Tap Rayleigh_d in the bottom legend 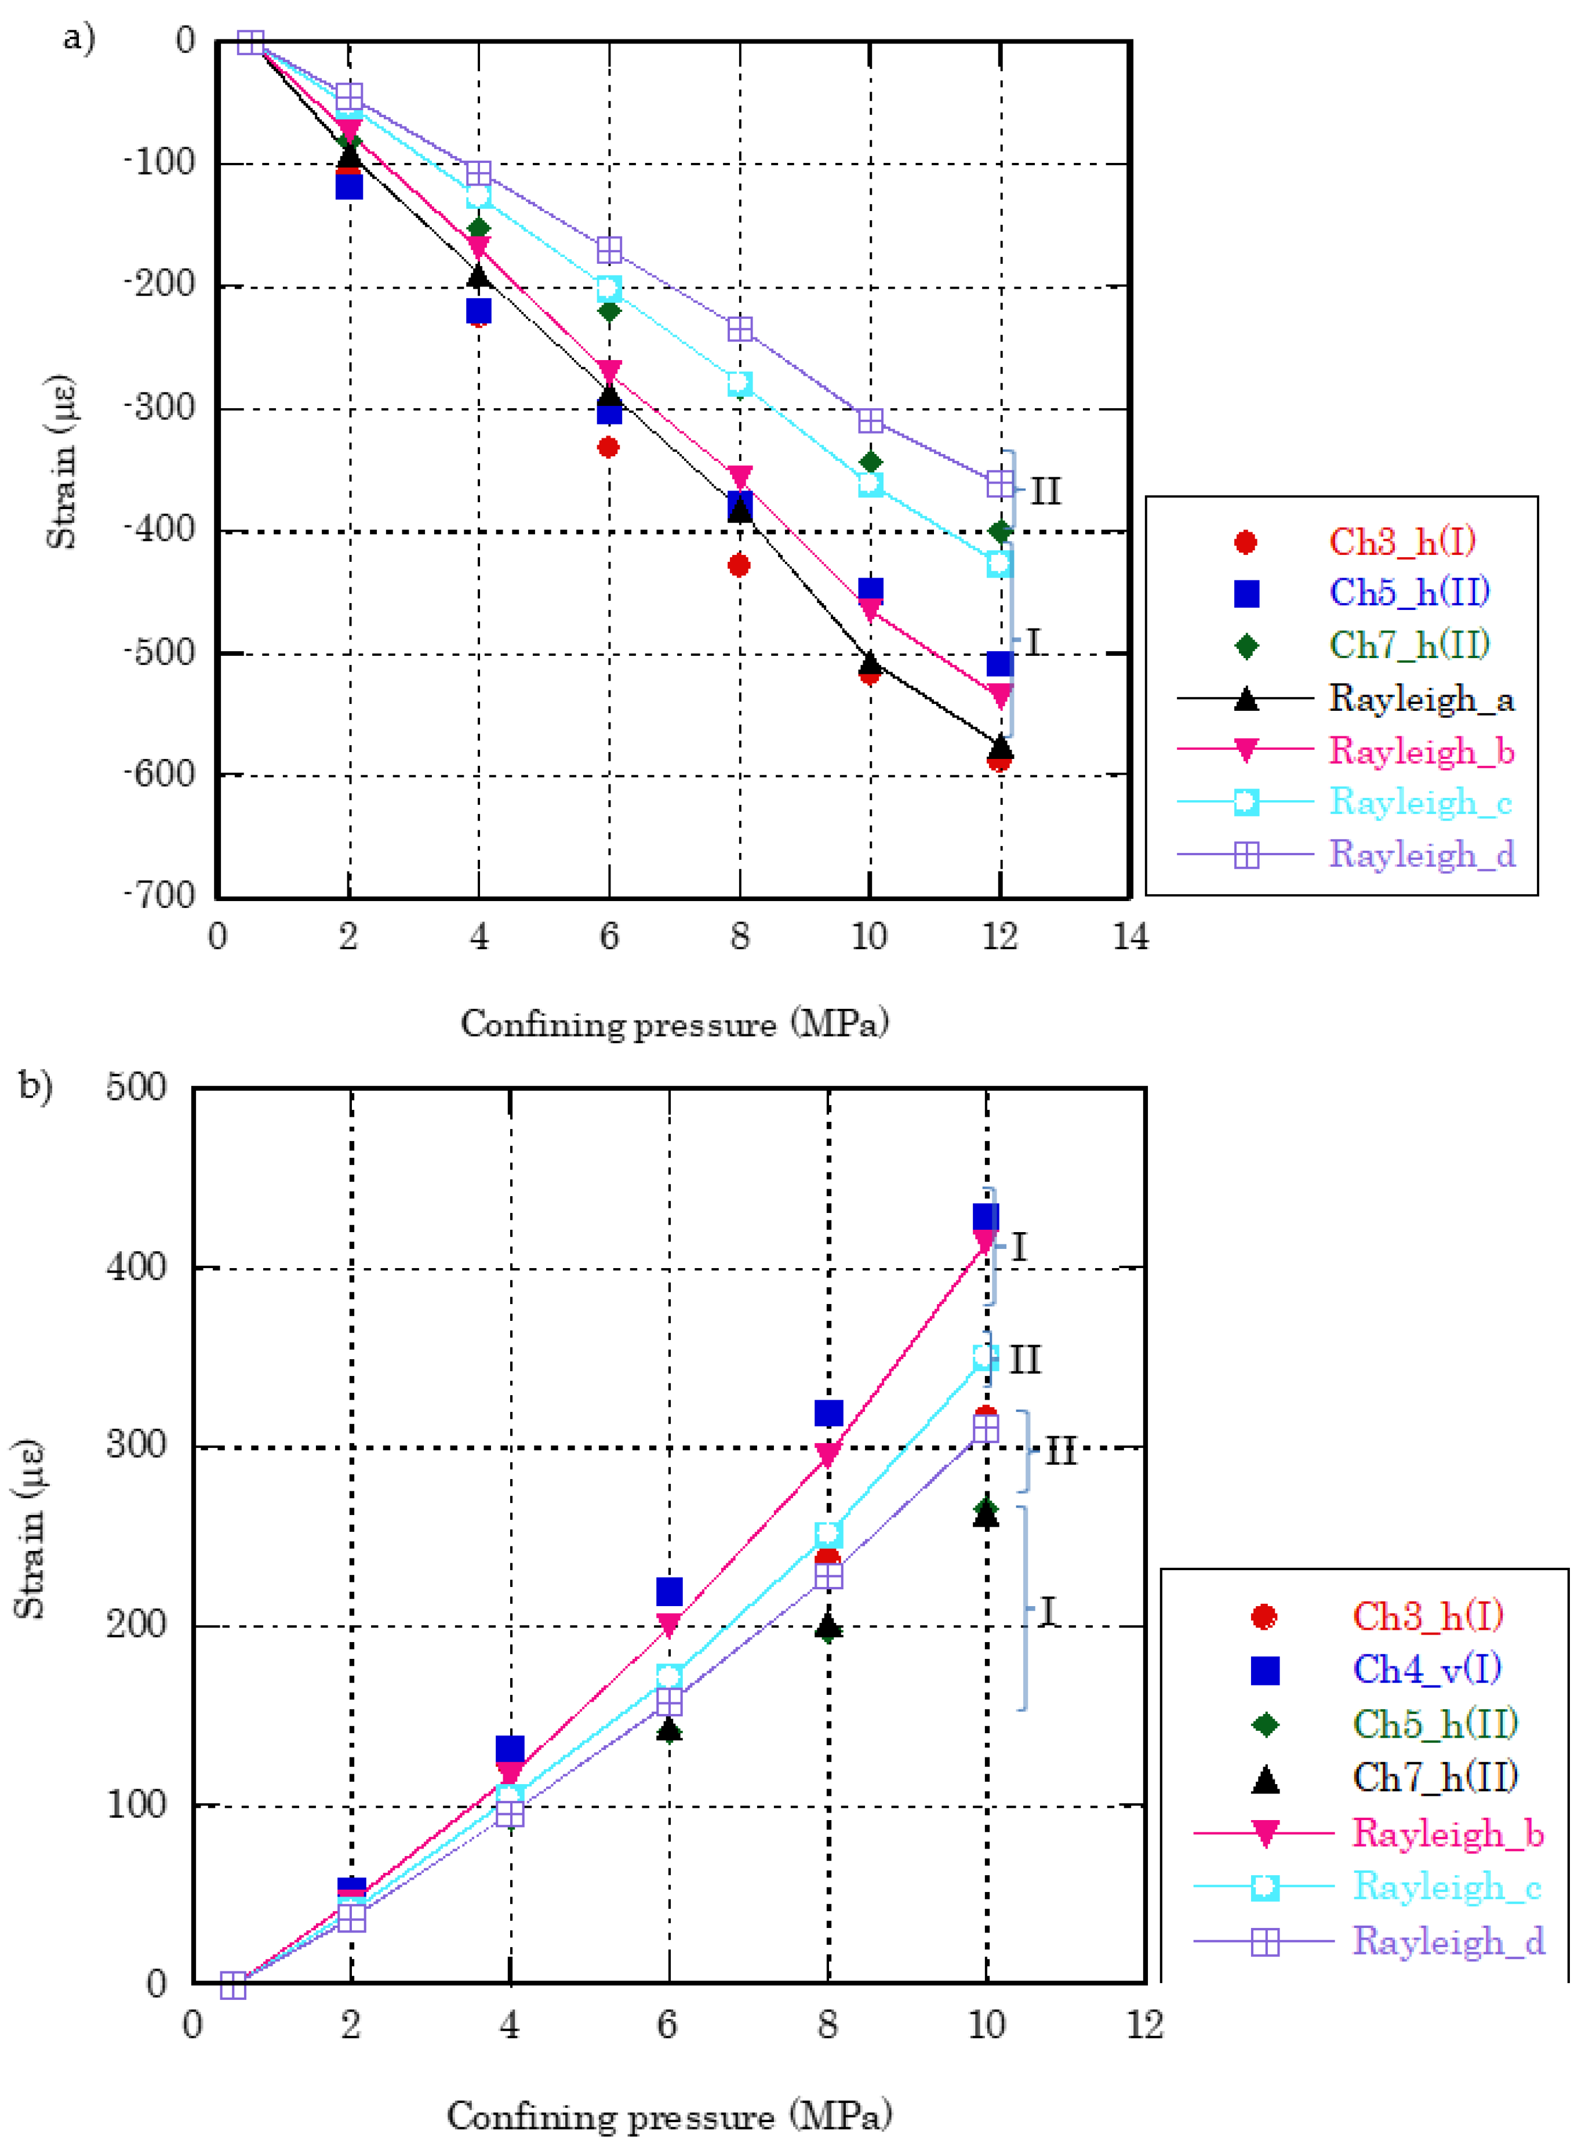(x=1448, y=1941)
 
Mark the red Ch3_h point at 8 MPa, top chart (x=739, y=566)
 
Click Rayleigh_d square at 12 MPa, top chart (x=999, y=484)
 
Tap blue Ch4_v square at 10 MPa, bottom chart (x=986, y=1218)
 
